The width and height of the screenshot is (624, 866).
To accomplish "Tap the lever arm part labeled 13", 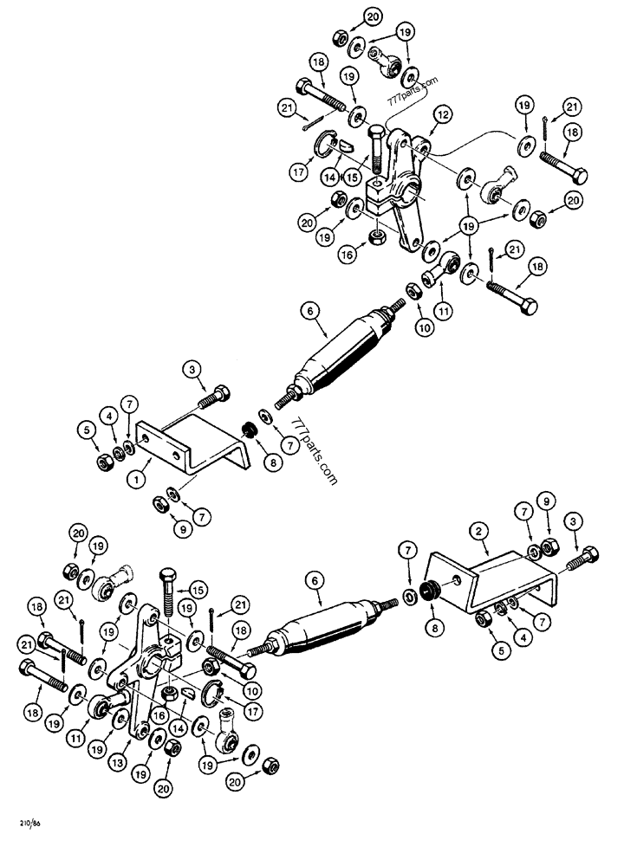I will [143, 675].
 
